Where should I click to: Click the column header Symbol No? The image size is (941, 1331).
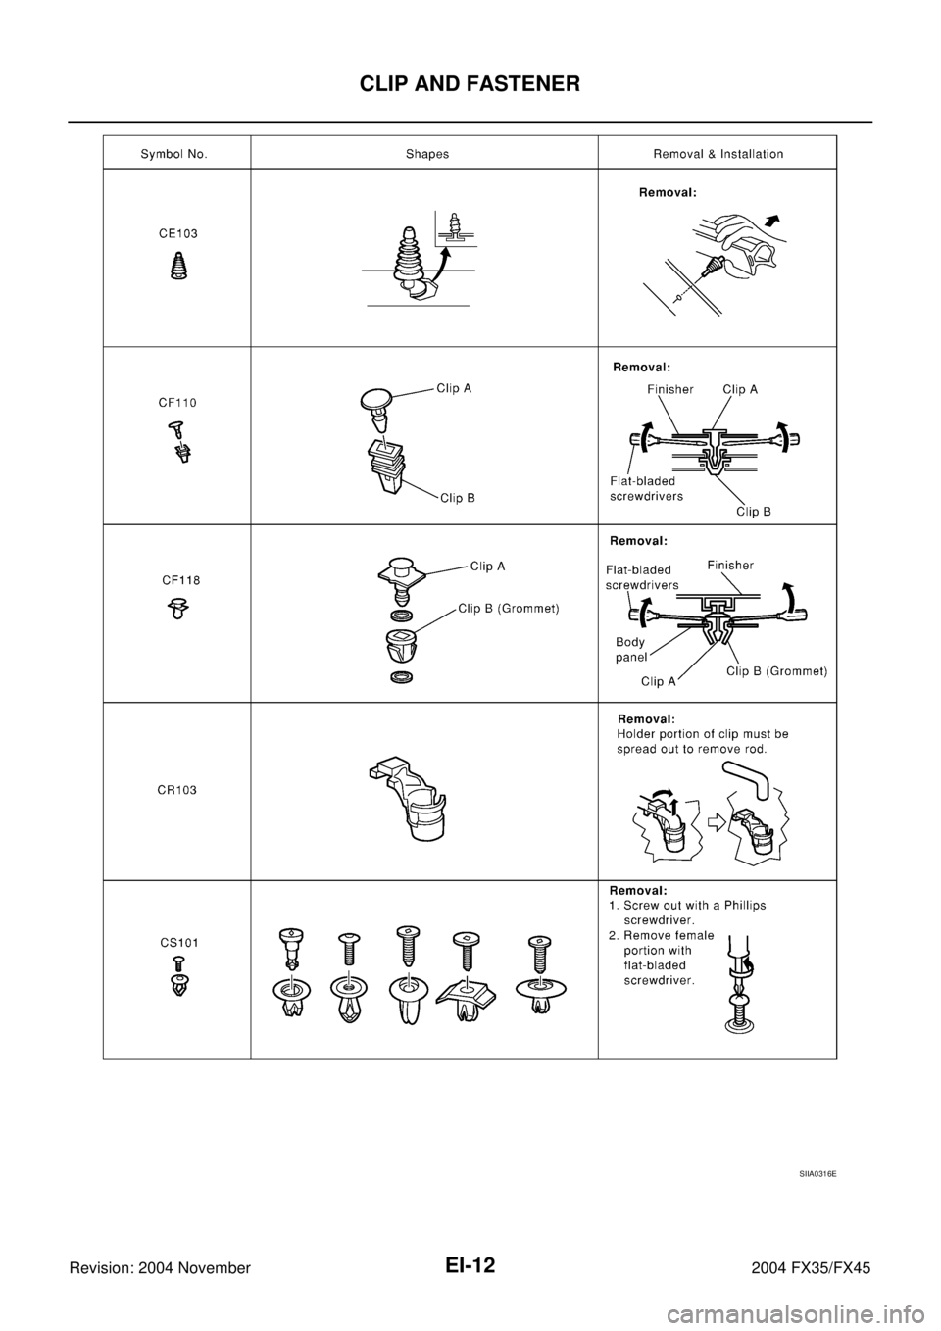pyautogui.click(x=173, y=154)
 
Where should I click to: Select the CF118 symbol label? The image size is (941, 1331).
pyautogui.click(x=181, y=580)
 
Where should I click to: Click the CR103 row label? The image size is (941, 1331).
pyautogui.click(x=177, y=790)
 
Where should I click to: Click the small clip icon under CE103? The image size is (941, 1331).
pyautogui.click(x=177, y=266)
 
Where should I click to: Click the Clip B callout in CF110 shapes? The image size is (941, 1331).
pyautogui.click(x=457, y=498)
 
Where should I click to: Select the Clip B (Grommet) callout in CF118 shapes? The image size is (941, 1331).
pyautogui.click(x=509, y=608)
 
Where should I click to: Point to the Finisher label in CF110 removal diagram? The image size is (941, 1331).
pyautogui.click(x=670, y=389)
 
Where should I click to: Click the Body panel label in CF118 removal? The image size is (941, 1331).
pyautogui.click(x=630, y=650)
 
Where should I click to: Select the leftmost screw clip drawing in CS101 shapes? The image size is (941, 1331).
pyautogui.click(x=290, y=971)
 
